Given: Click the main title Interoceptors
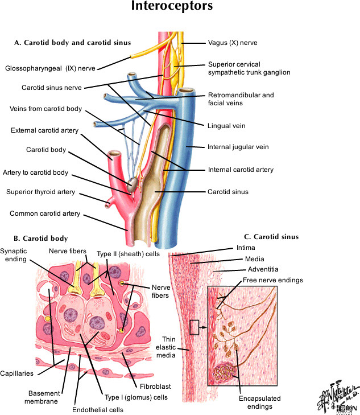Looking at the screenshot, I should [x=180, y=7].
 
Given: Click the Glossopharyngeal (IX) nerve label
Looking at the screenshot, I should [x=50, y=68].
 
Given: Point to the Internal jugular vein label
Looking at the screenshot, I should [x=234, y=147].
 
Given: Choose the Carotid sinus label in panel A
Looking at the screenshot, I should [x=228, y=192].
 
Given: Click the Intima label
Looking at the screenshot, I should [x=245, y=248].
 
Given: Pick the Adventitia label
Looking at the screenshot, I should [x=262, y=269].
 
